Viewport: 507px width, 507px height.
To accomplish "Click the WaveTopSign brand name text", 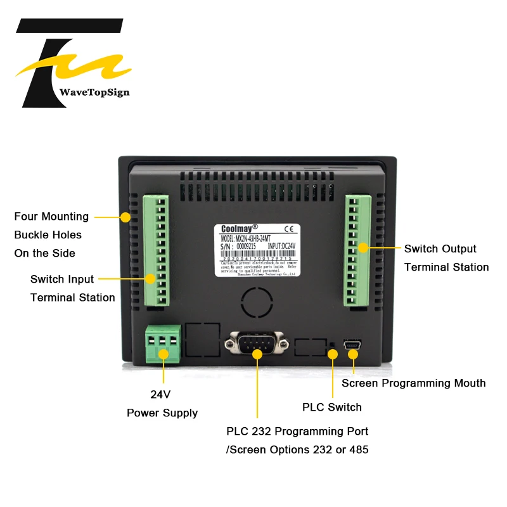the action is click(x=94, y=93).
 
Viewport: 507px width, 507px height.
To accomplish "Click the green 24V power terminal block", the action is click(x=163, y=343).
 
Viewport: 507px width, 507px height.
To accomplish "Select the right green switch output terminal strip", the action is click(x=358, y=250).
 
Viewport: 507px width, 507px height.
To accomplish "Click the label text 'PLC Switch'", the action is click(x=332, y=407).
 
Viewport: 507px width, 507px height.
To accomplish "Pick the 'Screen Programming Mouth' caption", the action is click(x=413, y=383).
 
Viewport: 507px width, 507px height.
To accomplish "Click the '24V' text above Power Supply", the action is click(x=160, y=394).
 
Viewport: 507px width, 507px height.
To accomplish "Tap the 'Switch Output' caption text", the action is click(x=440, y=248).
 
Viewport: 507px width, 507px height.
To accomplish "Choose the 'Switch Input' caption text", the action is click(x=62, y=279).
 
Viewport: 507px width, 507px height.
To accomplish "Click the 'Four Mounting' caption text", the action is click(x=51, y=216).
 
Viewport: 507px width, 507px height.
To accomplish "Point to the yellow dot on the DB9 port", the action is click(x=257, y=353).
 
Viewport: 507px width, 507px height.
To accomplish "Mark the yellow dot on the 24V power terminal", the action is click(x=163, y=353).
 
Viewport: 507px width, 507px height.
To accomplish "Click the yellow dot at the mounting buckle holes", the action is click(x=125, y=217).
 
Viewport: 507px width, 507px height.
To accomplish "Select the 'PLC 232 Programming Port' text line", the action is click(x=297, y=431).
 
